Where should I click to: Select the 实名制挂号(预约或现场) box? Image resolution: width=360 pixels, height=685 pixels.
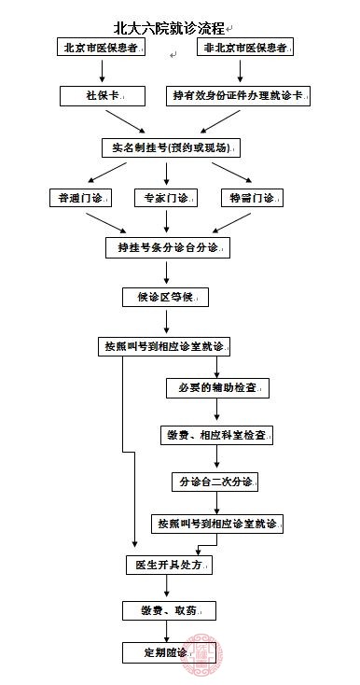[168, 148]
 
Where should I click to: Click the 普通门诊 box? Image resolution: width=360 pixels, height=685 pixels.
[81, 198]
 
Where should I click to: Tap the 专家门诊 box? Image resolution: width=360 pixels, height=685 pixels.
[167, 198]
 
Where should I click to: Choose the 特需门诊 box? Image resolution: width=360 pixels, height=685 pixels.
[252, 198]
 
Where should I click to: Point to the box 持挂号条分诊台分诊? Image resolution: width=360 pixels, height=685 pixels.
[167, 247]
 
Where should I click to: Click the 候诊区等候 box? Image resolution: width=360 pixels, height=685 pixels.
[167, 297]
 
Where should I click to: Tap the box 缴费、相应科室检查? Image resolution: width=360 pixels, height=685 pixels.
[222, 435]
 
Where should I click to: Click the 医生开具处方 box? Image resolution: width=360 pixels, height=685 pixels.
[169, 566]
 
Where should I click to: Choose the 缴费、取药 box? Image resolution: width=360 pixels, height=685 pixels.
[169, 610]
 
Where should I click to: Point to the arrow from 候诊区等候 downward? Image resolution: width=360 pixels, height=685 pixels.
[167, 321]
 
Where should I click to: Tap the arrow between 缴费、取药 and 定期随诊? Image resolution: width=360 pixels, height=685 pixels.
[167, 631]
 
